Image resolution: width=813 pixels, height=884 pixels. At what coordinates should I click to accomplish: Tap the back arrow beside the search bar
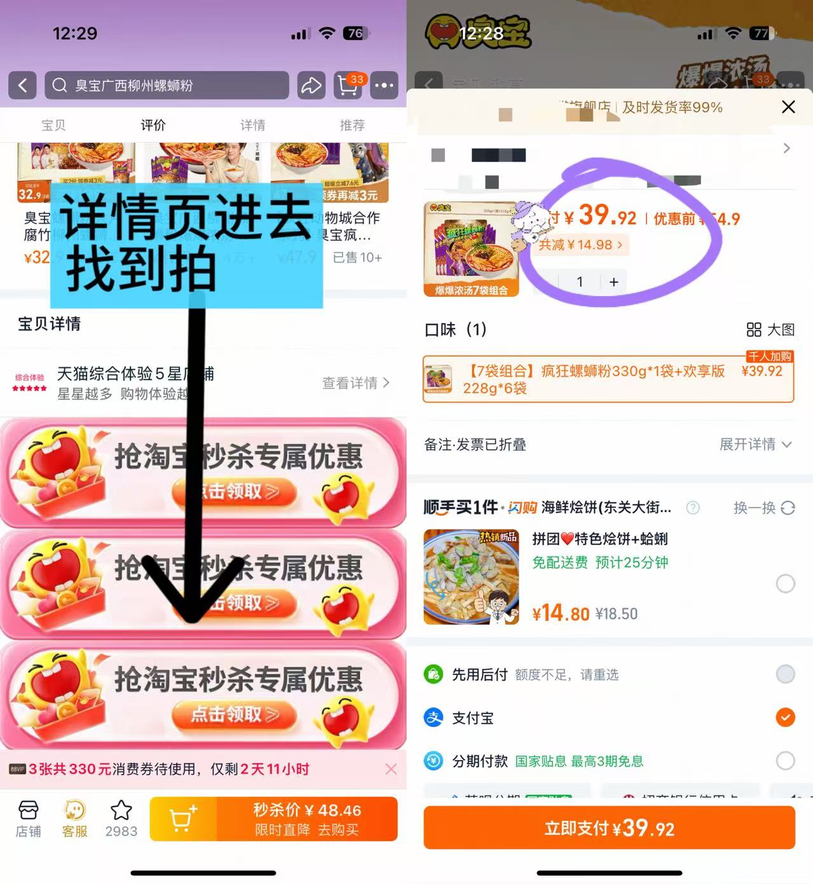23,85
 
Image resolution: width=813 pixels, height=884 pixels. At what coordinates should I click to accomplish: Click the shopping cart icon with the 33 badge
348,85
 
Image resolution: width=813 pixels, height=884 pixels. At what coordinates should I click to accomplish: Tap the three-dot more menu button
385,85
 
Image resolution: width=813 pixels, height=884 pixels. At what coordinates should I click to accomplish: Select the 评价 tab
153,125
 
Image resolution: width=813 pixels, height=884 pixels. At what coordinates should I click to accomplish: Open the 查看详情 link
355,383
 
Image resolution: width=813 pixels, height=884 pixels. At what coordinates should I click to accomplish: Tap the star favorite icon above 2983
121,811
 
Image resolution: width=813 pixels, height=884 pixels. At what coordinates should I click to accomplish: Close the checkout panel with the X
788,107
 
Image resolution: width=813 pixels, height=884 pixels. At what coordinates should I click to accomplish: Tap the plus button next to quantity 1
613,282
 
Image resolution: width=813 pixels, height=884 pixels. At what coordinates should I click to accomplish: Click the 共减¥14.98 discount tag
580,245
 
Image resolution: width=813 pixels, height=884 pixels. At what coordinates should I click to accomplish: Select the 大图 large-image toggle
770,329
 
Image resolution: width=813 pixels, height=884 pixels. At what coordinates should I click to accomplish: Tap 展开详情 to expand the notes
755,444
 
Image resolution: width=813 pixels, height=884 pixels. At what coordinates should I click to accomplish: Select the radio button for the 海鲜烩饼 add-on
786,583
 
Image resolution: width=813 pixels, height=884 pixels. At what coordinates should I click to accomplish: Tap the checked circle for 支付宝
786,717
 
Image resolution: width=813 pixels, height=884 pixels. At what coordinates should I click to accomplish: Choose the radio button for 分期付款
786,761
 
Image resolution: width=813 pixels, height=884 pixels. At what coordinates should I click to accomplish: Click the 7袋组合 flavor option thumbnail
439,379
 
